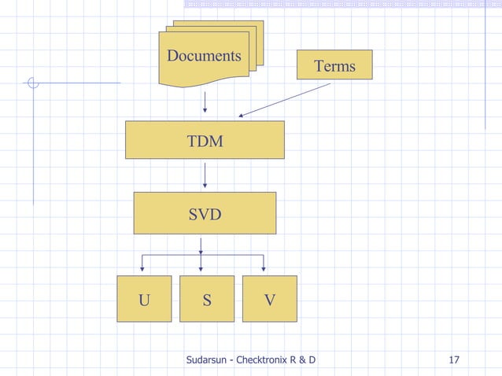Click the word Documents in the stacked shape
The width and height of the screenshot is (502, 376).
pyautogui.click(x=204, y=56)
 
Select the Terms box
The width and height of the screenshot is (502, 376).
pyautogui.click(x=334, y=65)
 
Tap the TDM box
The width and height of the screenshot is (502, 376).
pyautogui.click(x=205, y=140)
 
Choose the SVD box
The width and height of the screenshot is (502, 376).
pyautogui.click(x=205, y=212)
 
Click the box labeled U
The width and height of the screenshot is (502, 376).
pyautogui.click(x=144, y=299)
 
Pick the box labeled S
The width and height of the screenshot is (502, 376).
pyautogui.click(x=207, y=299)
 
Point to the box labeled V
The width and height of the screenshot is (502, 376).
pyautogui.click(x=270, y=299)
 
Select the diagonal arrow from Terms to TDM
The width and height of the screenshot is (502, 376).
pyautogui.click(x=285, y=100)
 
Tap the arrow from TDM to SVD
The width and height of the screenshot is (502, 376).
pyautogui.click(x=205, y=175)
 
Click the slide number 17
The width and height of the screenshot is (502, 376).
pyautogui.click(x=453, y=361)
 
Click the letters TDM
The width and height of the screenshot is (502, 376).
pyautogui.click(x=205, y=142)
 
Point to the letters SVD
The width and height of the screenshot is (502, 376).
pyautogui.click(x=205, y=213)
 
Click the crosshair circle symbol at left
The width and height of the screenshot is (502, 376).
pyautogui.click(x=32, y=82)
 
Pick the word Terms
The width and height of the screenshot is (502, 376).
pyautogui.click(x=334, y=66)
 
